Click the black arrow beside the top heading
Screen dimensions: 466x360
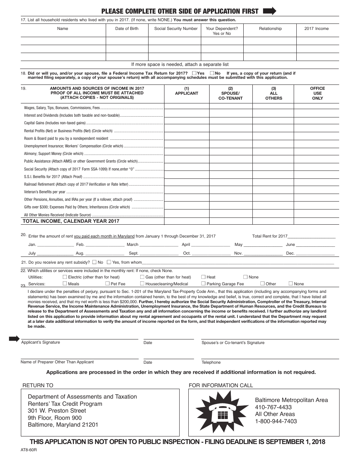(269, 11)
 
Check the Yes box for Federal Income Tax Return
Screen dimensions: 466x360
(194, 73)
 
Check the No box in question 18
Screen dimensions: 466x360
(212, 73)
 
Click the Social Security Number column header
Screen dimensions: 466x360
(176, 28)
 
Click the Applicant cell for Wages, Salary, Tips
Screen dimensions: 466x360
(186, 108)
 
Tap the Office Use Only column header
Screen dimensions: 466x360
(317, 93)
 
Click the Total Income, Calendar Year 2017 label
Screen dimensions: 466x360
(71, 221)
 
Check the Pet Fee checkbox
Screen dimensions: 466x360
(108, 283)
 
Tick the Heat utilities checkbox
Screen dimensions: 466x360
(203, 277)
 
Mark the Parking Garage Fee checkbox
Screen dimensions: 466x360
(203, 283)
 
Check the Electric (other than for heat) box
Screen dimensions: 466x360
(65, 277)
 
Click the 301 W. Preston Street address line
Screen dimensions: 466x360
(57, 411)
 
